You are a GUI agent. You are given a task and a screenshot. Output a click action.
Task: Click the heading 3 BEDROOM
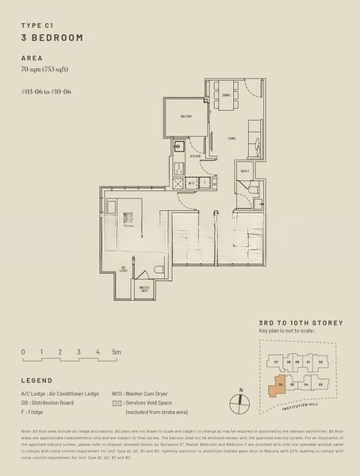[x=52, y=37]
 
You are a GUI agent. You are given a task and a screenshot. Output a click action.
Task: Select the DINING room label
[x=226, y=94]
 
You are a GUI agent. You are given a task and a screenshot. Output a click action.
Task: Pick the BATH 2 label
[x=245, y=171]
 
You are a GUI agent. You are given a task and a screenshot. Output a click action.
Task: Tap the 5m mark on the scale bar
[x=116, y=351]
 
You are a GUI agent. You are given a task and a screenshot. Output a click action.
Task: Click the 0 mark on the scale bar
[x=23, y=351]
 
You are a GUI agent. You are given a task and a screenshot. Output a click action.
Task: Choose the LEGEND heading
[x=37, y=380]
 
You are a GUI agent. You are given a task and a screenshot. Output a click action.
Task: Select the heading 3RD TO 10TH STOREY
[x=301, y=323]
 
